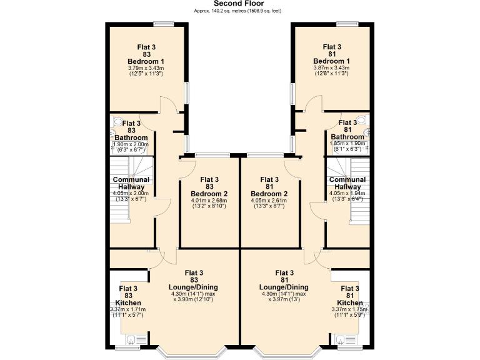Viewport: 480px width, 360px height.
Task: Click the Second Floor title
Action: click(240, 3)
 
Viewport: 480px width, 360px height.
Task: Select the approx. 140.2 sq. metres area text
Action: click(240, 11)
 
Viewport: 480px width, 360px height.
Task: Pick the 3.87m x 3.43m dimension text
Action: click(332, 67)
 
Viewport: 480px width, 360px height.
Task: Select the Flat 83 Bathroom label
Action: click(131, 131)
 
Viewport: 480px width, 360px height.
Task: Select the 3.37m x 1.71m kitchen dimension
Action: click(129, 309)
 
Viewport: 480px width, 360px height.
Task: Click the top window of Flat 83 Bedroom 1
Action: click(164, 24)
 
